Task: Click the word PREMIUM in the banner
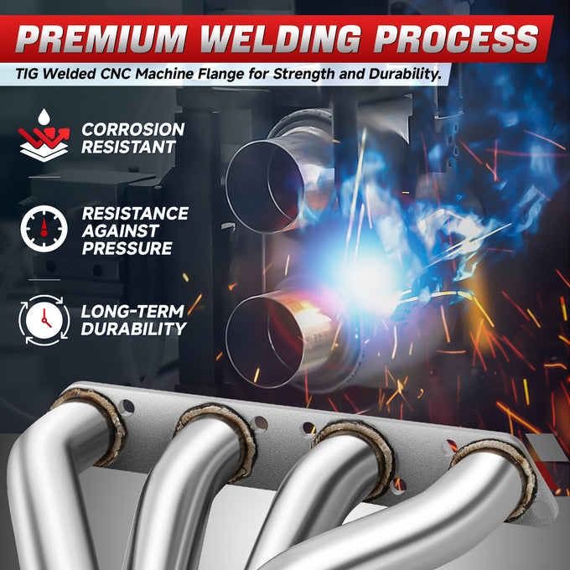pos(101,39)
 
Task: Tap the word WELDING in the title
pos(281,39)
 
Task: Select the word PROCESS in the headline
pos(456,39)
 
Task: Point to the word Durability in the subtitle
pos(406,75)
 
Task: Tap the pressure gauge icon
pos(44,229)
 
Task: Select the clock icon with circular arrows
pos(44,320)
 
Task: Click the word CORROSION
pos(133,129)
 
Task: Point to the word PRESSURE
pos(127,248)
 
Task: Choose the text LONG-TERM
pos(132,312)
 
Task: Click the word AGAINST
pos(121,231)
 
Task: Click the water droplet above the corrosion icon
pos(44,117)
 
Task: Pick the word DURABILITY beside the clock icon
pos(133,329)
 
